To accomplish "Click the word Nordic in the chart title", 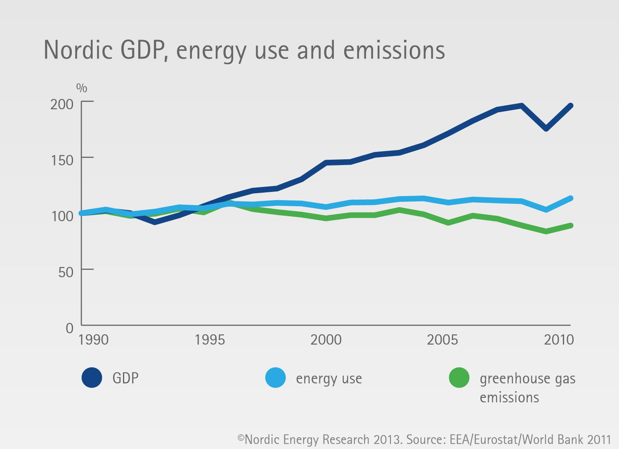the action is tap(78, 50).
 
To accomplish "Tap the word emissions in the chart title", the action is tap(394, 50).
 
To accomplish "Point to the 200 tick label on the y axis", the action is tap(61, 104).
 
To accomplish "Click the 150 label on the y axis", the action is tap(62, 160).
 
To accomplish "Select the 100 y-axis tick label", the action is tap(62, 216).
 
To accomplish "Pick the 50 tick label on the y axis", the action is tap(66, 272).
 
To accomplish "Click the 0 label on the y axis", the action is tap(70, 328).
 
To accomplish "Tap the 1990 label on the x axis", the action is tap(93, 340).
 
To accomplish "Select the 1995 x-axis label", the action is tap(210, 340).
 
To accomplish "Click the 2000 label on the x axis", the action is tap(326, 340).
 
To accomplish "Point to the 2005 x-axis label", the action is tap(442, 340).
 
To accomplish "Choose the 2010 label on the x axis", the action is tap(559, 340).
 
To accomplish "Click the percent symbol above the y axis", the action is tap(82, 88).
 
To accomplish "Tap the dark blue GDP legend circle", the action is tap(92, 378).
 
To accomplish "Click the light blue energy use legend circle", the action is tap(276, 378).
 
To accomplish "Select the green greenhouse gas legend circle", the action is tap(459, 378).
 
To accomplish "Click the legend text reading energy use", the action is tap(329, 379).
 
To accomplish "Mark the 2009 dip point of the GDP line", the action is tap(546, 129).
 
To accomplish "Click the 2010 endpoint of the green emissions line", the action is tap(570, 225).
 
